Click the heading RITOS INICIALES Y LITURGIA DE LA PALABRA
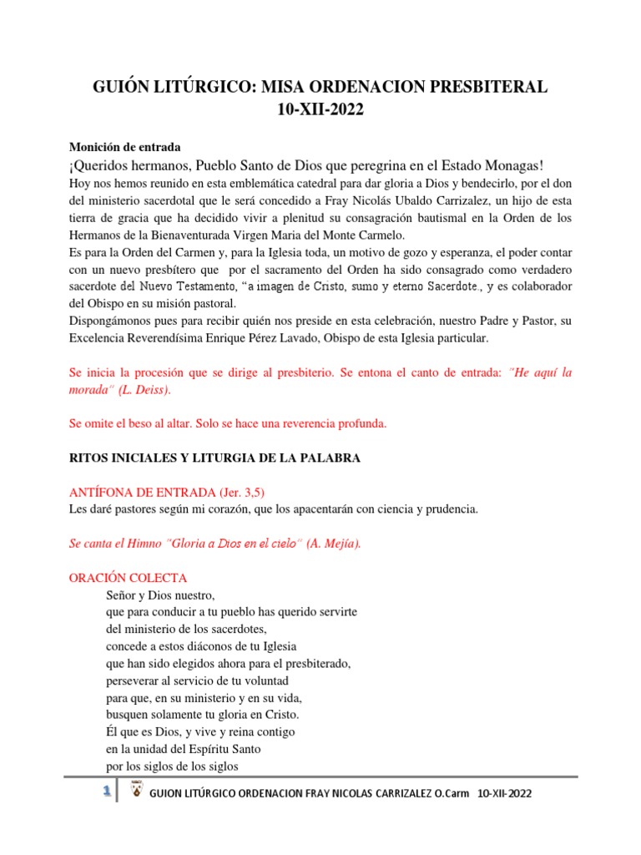point(214,458)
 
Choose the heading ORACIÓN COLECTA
point(128,578)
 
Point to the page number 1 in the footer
point(107,792)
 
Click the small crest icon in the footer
point(136,792)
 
